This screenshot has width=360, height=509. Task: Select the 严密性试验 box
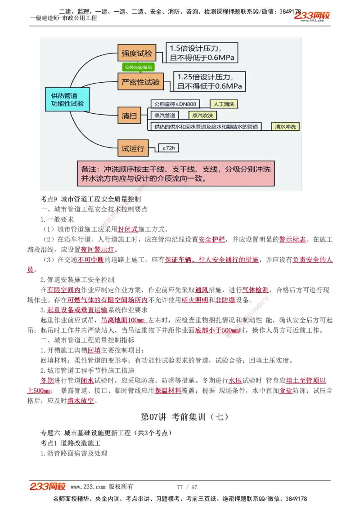(141, 82)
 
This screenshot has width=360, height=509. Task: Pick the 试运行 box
(132, 148)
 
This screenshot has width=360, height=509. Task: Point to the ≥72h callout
(169, 147)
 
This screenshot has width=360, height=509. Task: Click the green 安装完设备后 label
(138, 67)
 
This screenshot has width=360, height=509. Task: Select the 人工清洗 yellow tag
(224, 104)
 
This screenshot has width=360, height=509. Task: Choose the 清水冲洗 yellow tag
(286, 127)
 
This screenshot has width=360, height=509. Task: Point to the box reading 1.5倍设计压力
(202, 53)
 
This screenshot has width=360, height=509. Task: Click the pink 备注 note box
(175, 174)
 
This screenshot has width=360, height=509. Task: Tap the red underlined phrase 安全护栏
(211, 239)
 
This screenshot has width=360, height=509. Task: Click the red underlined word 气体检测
(256, 290)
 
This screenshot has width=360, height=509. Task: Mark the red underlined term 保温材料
(168, 390)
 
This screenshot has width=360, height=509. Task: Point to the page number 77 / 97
(187, 487)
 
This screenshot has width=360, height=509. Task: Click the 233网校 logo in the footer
(48, 487)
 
